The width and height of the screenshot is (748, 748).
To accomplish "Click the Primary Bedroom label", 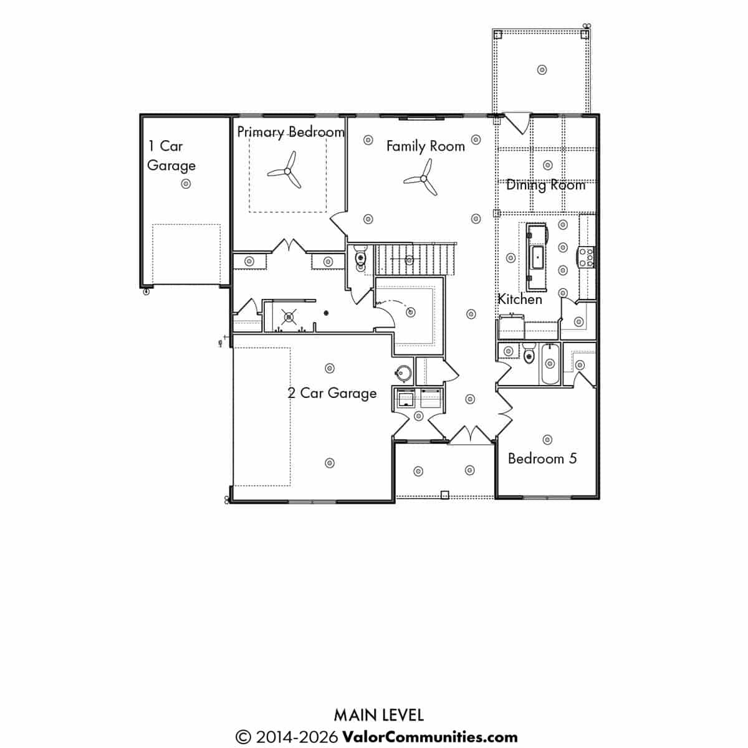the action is click(x=290, y=133).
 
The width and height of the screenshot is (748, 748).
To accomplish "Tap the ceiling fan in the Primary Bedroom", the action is click(x=287, y=171).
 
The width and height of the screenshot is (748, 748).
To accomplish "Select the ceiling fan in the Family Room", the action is click(x=423, y=178).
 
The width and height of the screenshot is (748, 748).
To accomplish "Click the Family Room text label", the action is click(x=426, y=146).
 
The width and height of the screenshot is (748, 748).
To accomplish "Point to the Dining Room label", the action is click(x=545, y=185).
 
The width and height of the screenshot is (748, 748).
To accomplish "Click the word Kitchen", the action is click(x=520, y=300).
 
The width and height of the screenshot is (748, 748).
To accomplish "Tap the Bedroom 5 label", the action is click(x=542, y=458).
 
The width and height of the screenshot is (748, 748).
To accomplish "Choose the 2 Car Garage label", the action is click(x=332, y=393).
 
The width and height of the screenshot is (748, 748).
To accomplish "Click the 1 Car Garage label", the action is click(x=171, y=156).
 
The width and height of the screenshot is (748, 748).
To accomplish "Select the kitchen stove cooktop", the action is click(x=587, y=257).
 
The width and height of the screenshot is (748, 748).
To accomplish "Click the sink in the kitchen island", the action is click(x=538, y=257).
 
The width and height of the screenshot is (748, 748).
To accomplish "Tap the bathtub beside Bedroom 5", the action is click(x=549, y=364).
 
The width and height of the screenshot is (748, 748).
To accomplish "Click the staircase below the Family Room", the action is click(x=415, y=259).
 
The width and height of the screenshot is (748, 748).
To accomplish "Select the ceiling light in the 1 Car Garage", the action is click(x=186, y=184).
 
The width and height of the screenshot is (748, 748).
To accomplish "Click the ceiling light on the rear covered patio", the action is click(x=542, y=70).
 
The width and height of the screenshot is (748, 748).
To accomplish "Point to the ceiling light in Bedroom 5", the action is click(x=547, y=440).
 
